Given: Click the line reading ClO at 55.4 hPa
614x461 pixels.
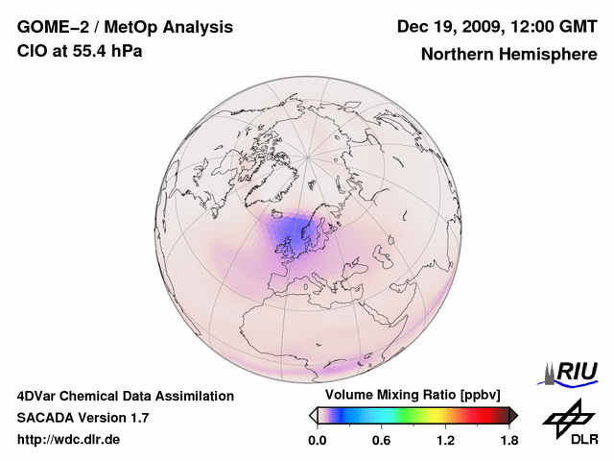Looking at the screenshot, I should click(80, 51).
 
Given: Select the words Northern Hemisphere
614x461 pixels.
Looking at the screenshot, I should click(508, 54).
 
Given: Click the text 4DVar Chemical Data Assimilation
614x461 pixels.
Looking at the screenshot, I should click(126, 396).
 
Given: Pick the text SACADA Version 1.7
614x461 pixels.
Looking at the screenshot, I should click(83, 418).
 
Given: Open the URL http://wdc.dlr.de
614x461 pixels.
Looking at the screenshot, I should click(69, 440).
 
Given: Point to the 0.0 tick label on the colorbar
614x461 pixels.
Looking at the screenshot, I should click(317, 440).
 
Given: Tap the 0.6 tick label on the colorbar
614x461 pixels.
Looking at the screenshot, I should click(381, 440).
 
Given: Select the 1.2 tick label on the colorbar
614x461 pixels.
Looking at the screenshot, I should click(445, 440).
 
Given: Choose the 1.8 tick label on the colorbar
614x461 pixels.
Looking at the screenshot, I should click(508, 440).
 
